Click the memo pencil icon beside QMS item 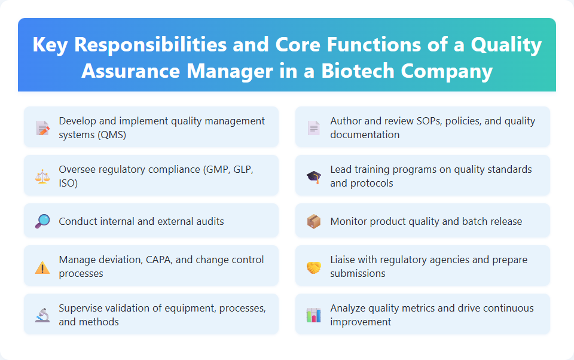tap(42, 128)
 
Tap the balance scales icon tap(42, 176)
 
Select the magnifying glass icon tap(42, 221)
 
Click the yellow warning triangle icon tap(42, 267)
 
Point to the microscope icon tap(42, 315)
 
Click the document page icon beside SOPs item tap(314, 128)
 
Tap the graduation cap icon tap(314, 176)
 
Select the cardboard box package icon tap(314, 221)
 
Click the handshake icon tap(314, 267)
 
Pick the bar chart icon tap(314, 315)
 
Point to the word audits tap(209, 221)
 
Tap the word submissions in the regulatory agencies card tap(358, 273)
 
